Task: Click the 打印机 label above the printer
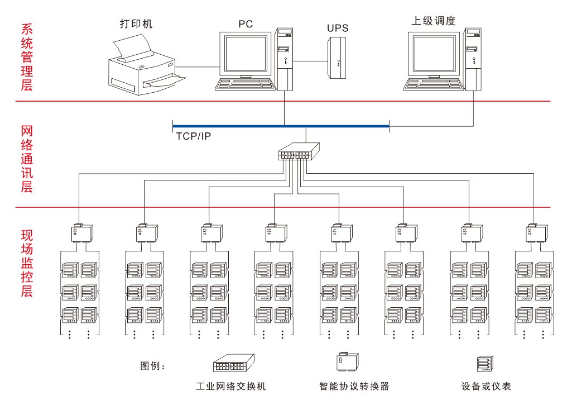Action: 136,23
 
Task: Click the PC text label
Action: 246,24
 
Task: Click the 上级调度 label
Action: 434,21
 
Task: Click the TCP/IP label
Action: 194,136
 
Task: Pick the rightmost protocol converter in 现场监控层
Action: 534,232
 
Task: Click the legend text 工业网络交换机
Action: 231,386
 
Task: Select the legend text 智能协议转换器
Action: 354,386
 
